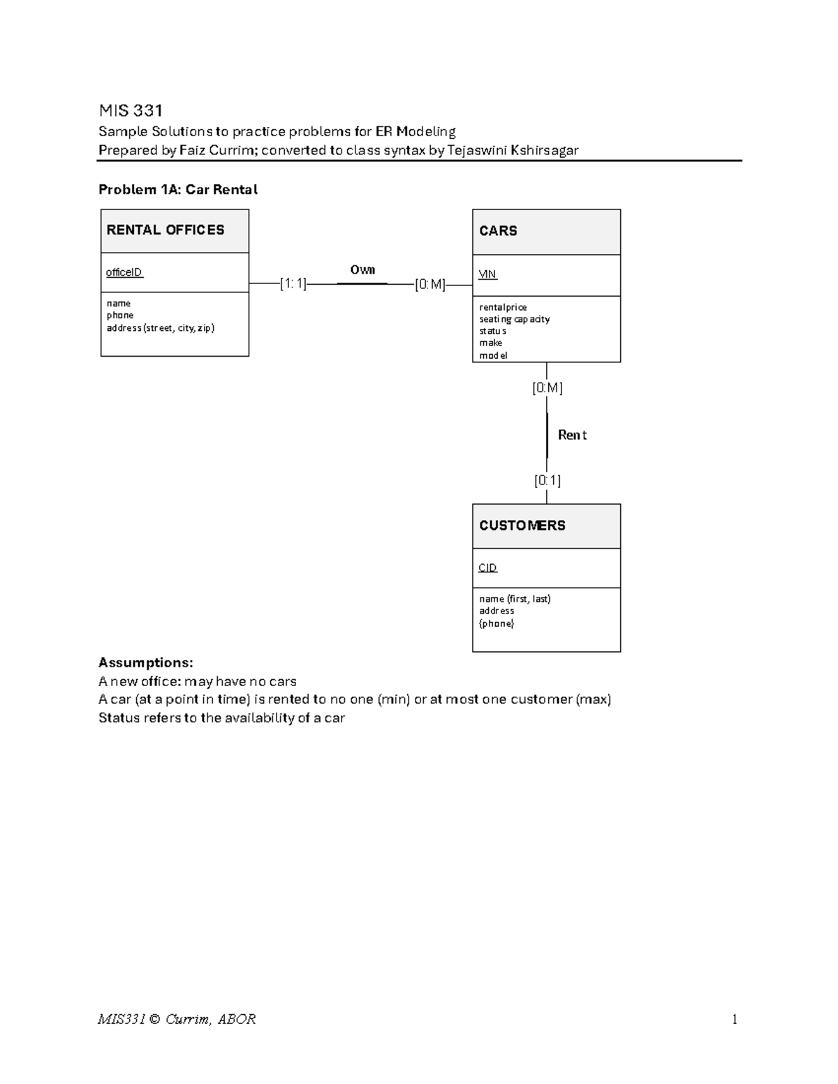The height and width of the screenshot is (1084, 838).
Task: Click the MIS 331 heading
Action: [131, 110]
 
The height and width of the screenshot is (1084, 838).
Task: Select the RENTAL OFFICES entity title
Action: [166, 230]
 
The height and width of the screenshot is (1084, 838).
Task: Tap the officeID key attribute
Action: [124, 272]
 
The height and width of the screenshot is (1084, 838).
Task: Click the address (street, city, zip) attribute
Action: [160, 328]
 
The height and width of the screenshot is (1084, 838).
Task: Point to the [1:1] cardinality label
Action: [293, 283]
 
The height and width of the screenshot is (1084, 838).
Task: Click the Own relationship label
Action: [362, 270]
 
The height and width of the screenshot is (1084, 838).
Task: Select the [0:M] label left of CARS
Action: [429, 284]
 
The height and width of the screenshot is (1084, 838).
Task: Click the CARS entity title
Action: [498, 231]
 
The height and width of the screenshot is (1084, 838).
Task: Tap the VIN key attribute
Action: [487, 274]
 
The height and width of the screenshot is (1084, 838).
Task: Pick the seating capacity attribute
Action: [514, 319]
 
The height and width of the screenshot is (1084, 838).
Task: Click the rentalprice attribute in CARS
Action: [503, 307]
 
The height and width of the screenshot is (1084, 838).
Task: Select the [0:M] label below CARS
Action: [547, 388]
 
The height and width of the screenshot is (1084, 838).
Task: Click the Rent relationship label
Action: [572, 435]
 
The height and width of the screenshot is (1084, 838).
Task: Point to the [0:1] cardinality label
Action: [547, 480]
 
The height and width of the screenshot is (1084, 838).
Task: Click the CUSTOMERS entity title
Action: [522, 526]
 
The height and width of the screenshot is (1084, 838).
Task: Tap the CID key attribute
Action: [487, 568]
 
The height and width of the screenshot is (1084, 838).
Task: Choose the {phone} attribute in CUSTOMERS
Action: [497, 623]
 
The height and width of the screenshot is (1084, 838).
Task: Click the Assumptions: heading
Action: [145, 662]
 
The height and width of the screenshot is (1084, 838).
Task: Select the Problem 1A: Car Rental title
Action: [178, 190]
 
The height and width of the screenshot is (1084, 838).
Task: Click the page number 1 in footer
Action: [735, 1019]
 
